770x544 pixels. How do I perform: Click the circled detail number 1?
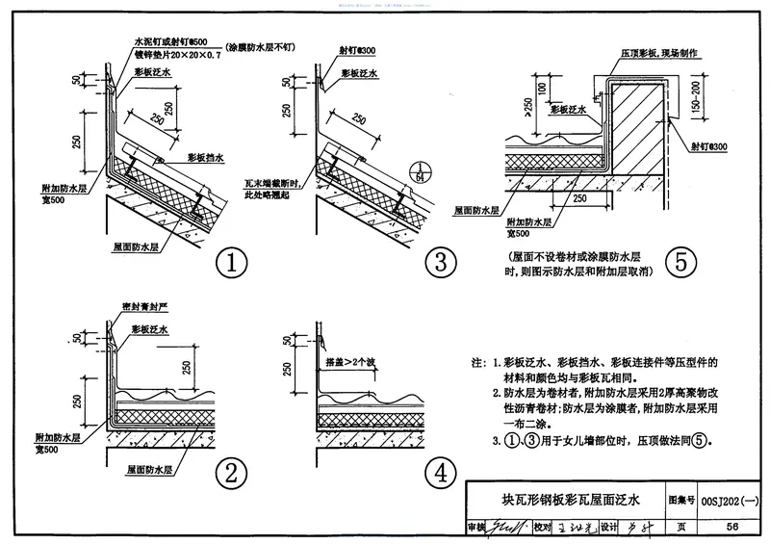[x=230, y=262]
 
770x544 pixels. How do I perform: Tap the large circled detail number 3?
[x=440, y=262]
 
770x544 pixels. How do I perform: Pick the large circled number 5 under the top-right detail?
[x=682, y=262]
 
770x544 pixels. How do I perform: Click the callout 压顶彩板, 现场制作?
[x=668, y=56]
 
